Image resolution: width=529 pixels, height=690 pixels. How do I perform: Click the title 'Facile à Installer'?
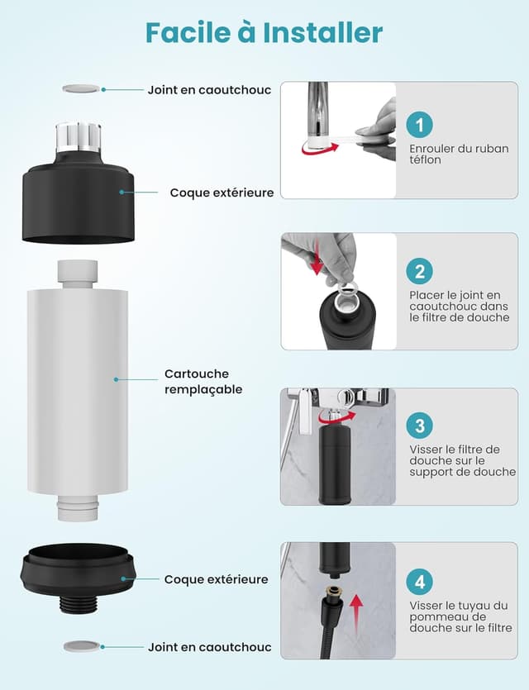coord(264,32)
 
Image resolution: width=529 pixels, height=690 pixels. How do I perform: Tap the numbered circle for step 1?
coord(420,125)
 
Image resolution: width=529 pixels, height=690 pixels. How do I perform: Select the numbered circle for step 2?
coord(420,271)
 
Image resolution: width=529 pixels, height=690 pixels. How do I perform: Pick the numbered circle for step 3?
coord(420,426)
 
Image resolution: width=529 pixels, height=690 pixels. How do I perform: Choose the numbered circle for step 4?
coord(420,581)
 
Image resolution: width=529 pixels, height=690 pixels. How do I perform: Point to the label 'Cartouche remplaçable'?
coord(203,381)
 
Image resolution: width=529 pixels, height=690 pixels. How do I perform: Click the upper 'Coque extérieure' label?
coord(222,193)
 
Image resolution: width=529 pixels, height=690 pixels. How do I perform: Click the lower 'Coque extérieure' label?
coord(216,579)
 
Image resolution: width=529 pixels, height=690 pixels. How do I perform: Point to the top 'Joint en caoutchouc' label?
coord(209,89)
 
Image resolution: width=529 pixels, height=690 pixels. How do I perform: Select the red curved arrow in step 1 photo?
coord(320,149)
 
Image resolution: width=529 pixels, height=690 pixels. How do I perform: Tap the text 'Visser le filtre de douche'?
coord(455,460)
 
